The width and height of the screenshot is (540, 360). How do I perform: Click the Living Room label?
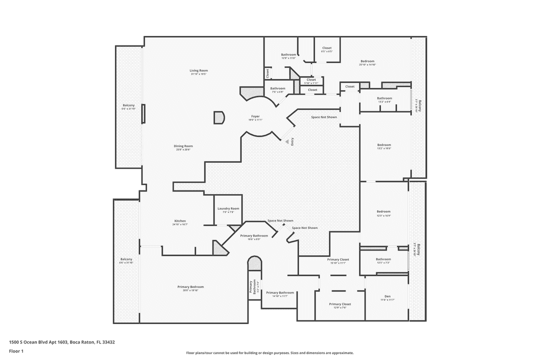198,71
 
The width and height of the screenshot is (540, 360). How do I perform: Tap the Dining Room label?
184,146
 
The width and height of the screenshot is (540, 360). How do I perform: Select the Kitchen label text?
180,221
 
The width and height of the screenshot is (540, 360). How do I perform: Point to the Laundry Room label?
228,208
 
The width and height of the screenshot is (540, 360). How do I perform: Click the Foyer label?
255,116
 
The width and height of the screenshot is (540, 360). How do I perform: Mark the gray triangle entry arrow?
287,142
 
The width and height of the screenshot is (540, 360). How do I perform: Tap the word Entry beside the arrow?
292,141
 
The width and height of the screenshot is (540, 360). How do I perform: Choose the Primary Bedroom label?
190,287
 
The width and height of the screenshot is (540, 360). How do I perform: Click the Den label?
387,296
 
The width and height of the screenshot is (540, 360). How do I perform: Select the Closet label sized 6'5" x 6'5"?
326,48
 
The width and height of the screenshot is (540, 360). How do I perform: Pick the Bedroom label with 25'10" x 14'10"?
367,61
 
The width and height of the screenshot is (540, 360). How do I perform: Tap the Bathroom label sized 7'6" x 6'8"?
277,88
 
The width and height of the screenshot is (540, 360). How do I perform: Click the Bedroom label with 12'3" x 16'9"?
383,212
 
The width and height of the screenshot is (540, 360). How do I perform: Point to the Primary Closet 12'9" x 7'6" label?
340,304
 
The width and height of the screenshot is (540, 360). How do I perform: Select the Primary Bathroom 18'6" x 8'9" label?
254,235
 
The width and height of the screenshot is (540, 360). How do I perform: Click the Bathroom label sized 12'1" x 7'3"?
383,259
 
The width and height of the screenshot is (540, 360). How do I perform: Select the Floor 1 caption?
16,351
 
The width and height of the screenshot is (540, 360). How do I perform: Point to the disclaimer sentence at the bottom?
270,353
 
